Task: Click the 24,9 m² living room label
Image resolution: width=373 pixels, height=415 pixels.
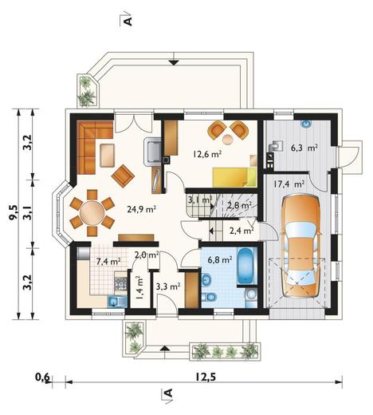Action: [141, 209]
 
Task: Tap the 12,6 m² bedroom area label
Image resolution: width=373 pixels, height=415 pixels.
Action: [207, 154]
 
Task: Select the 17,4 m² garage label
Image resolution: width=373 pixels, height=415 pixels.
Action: [289, 184]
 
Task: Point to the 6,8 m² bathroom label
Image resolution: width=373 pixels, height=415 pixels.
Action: [220, 259]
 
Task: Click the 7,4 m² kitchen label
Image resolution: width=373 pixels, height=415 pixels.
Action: [108, 261]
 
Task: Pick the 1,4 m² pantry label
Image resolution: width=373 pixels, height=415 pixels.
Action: [139, 287]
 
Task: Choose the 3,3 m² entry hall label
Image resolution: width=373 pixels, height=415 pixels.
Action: [168, 287]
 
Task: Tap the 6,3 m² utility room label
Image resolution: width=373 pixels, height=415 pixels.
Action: [304, 148]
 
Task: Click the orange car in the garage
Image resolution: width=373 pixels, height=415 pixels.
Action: [300, 246]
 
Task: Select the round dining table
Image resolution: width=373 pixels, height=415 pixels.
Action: [92, 213]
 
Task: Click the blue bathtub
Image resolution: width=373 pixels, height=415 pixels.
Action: [246, 266]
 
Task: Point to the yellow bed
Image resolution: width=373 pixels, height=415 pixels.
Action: [234, 177]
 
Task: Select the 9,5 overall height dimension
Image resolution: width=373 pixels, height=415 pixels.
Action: [13, 212]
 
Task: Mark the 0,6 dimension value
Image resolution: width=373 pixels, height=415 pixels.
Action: [42, 377]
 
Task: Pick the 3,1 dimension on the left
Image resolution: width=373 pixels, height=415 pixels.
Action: [27, 213]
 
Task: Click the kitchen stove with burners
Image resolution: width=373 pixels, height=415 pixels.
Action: [120, 283]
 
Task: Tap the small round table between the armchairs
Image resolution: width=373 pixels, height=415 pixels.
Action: [228, 140]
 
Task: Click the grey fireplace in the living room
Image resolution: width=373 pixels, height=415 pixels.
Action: [152, 151]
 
